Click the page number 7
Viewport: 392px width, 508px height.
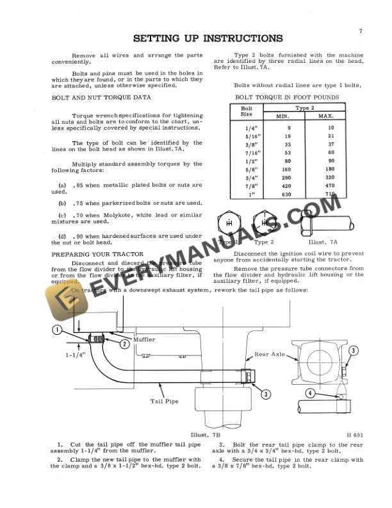tap(361, 31)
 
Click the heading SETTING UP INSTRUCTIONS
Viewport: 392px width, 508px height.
tap(208, 38)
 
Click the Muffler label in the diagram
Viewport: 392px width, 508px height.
tap(143, 339)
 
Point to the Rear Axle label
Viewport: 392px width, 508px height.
tap(269, 353)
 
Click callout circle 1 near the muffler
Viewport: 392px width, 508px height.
tap(57, 330)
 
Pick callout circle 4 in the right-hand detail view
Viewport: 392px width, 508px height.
tap(310, 393)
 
